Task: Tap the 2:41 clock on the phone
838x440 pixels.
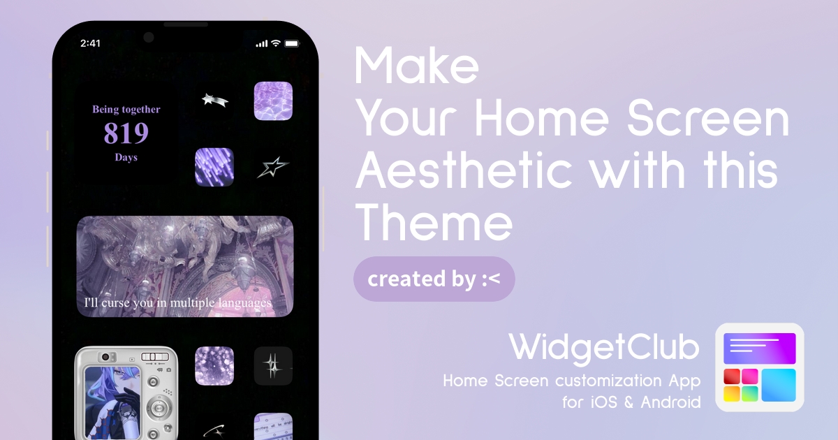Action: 90,43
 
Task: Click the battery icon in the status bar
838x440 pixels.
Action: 292,43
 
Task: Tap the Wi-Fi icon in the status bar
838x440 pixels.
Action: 276,43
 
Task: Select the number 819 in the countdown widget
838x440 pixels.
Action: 126,133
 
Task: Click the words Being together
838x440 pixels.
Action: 126,109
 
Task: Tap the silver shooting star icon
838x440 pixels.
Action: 215,101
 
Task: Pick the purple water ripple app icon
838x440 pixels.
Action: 273,101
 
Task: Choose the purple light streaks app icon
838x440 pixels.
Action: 214,167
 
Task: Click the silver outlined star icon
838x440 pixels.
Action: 273,167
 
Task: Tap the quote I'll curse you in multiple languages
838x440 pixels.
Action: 177,302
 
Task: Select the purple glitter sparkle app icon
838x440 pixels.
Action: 214,365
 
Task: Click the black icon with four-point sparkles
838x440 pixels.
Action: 273,365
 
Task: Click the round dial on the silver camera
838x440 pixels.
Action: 159,407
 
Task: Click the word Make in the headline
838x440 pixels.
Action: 416,66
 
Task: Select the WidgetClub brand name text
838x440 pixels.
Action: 604,348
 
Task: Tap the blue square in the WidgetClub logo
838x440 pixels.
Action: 779,385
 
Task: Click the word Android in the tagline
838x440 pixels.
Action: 670,402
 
